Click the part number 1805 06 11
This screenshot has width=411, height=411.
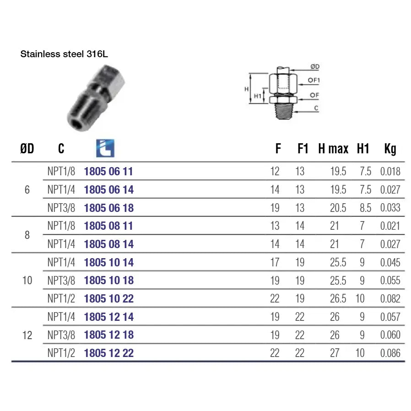click(108, 172)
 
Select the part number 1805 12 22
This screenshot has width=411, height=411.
click(109, 353)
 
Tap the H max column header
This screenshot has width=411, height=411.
click(333, 149)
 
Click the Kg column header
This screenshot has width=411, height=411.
click(390, 149)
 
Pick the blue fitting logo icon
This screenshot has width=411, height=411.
click(105, 148)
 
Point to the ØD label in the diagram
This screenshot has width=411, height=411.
click(315, 66)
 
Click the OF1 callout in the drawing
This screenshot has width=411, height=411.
click(314, 80)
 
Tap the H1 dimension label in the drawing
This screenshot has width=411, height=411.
click(257, 96)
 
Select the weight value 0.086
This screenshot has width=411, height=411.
click(390, 353)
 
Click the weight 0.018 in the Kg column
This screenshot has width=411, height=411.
click(390, 172)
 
